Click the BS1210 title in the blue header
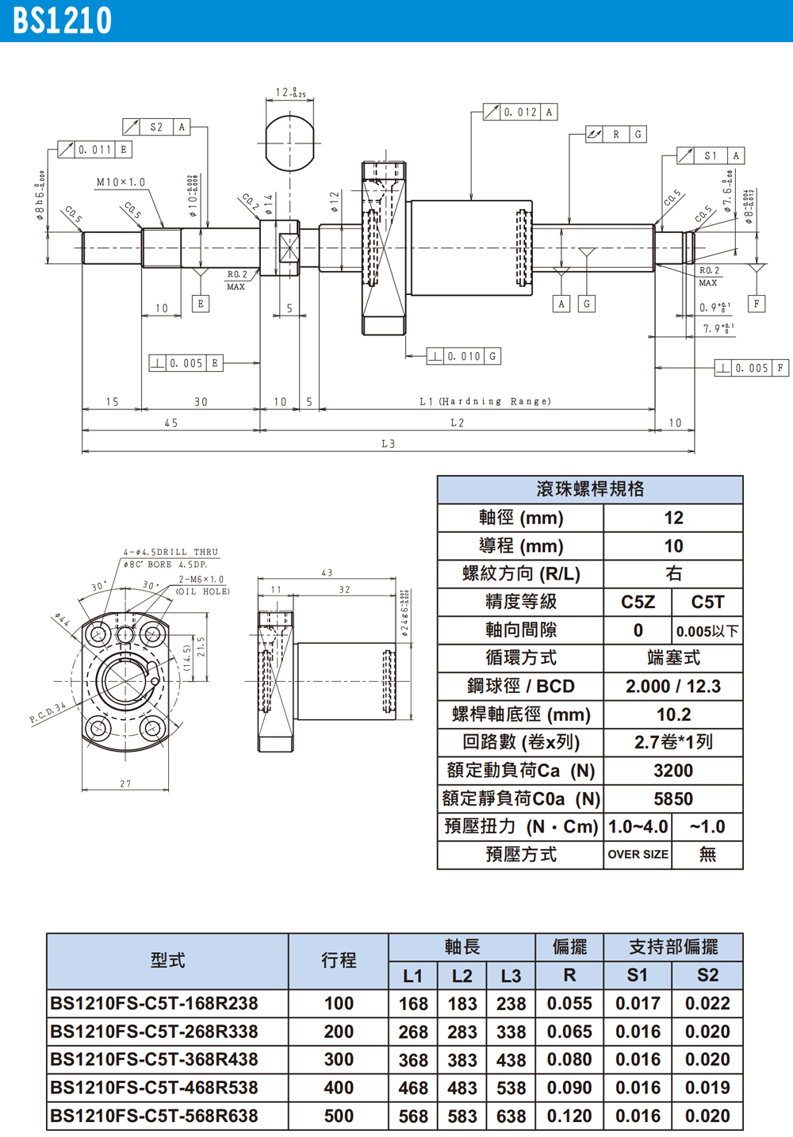point(63,21)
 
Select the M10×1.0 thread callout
point(121,182)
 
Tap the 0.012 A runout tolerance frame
point(520,113)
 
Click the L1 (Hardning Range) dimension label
point(485,401)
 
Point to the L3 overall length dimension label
point(388,444)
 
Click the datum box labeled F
point(757,304)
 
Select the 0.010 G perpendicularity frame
point(464,357)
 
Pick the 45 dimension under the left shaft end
point(171,423)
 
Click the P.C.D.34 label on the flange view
point(48,713)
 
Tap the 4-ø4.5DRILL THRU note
point(170,552)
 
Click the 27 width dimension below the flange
point(125,783)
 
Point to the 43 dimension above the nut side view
point(327,572)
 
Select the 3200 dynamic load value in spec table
point(672,771)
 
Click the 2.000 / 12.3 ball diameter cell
point(672,687)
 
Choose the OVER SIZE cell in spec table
point(638,855)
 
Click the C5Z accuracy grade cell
point(638,603)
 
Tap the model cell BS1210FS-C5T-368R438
point(154,1060)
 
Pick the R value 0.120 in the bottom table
point(569,1116)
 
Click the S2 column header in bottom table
point(707,975)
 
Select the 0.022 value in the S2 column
point(707,1004)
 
